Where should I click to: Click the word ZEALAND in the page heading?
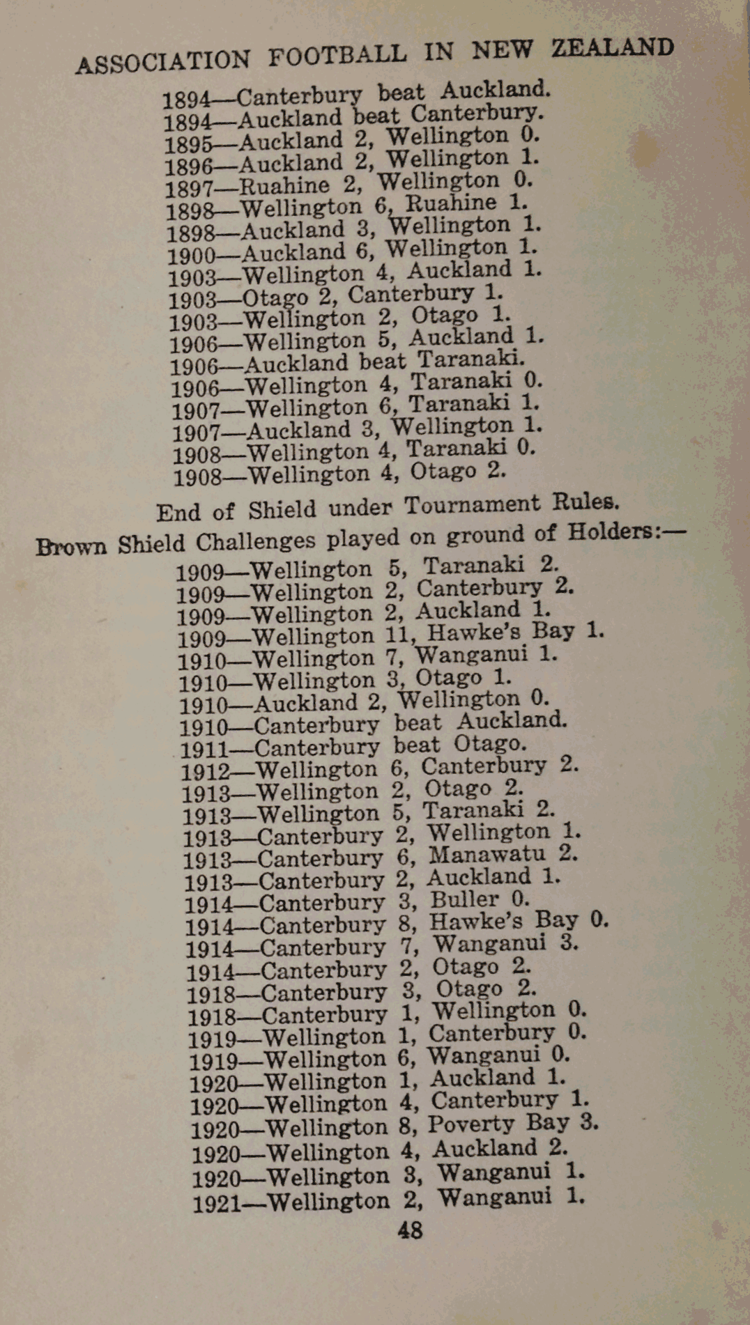pos(613,47)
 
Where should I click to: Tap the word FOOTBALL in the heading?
pos(337,56)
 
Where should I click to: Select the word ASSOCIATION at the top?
pos(162,61)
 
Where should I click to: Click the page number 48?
pos(410,1230)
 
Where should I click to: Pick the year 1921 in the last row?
pos(217,1204)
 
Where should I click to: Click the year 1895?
pos(188,144)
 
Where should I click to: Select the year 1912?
pos(205,772)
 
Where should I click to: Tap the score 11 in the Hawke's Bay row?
pos(399,635)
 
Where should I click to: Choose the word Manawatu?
pos(487,854)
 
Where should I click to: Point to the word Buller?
pos(464,900)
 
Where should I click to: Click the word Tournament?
pos(472,505)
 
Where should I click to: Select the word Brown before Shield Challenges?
pos(72,545)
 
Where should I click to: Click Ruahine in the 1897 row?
pos(284,186)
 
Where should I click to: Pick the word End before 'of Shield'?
pos(178,513)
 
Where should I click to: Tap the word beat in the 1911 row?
pos(416,746)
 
